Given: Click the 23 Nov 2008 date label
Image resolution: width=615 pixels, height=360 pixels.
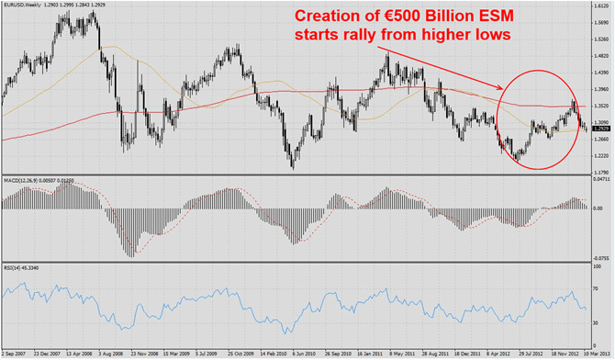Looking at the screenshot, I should tap(145, 352).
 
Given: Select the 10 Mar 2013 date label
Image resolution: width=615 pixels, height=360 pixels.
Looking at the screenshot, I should tap(592, 352).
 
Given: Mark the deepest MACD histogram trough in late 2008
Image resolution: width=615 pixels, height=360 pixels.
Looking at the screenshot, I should tap(131, 255).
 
